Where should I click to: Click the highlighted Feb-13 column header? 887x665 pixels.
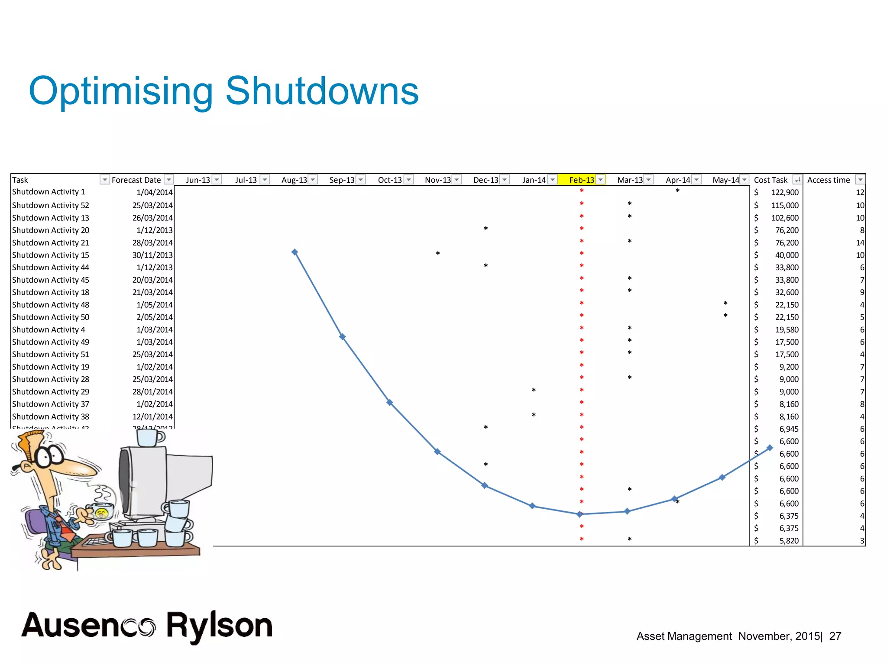(581, 180)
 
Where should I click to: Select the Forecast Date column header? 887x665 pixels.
(136, 180)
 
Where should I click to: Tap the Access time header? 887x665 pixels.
(828, 180)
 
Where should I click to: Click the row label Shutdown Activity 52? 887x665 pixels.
(51, 205)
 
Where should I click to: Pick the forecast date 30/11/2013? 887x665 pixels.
(152, 255)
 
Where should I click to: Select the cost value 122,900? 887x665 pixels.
(784, 192)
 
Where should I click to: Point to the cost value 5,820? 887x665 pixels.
(789, 541)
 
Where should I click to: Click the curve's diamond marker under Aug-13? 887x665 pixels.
(295, 252)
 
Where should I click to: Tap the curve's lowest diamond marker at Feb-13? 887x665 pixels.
(579, 514)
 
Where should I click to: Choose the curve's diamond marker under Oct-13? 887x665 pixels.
(390, 403)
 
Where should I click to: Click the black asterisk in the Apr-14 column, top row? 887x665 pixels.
(677, 191)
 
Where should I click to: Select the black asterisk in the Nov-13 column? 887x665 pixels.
(438, 253)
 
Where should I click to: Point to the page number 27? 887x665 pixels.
(835, 636)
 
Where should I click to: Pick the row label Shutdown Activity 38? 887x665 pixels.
(51, 416)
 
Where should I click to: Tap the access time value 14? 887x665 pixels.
(860, 243)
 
